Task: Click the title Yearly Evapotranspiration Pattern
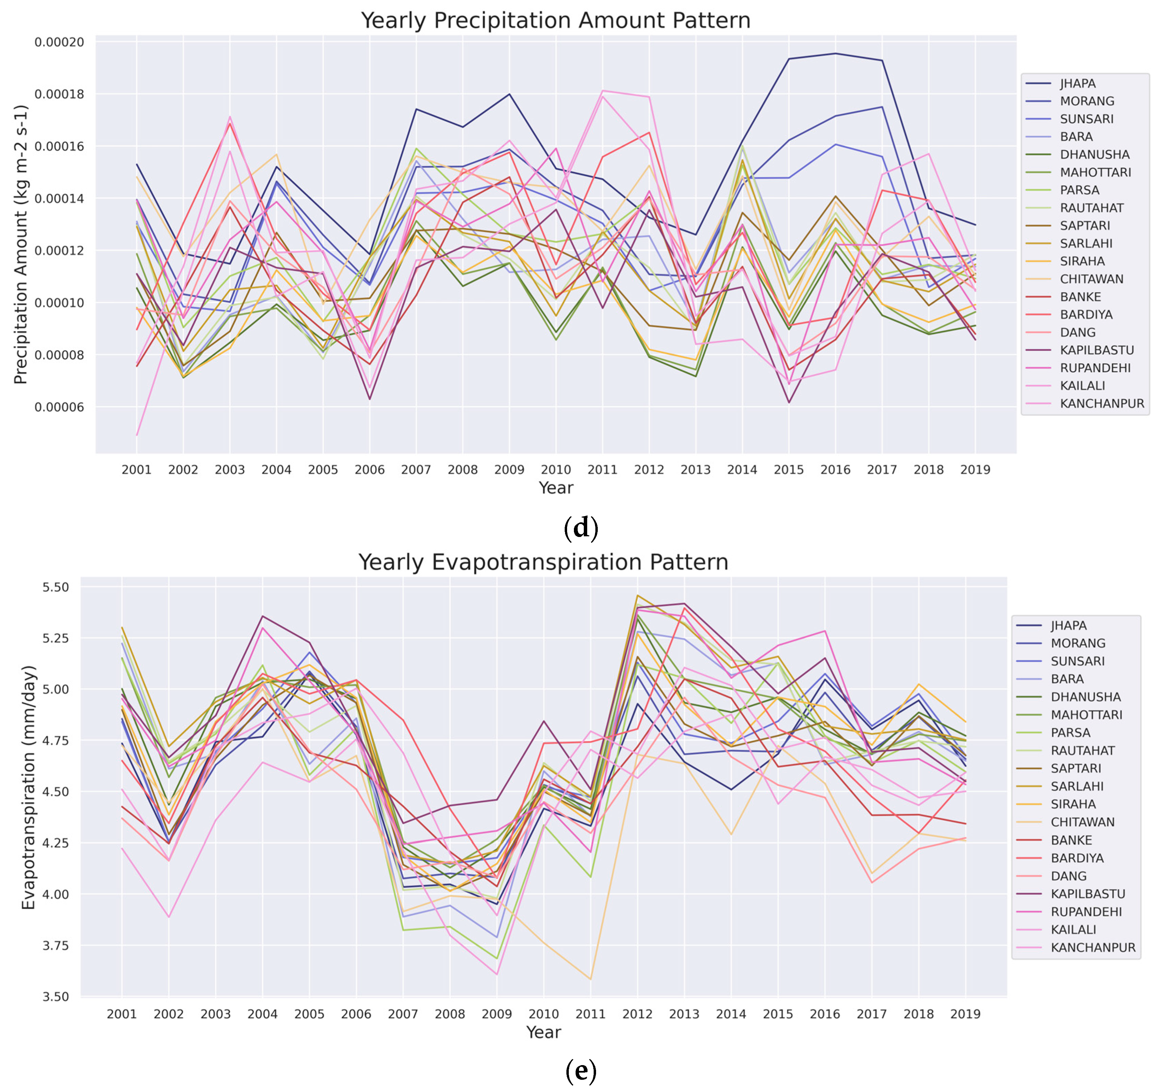pyautogui.click(x=543, y=562)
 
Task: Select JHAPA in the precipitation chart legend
pyautogui.click(x=1078, y=83)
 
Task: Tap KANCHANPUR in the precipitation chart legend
pyautogui.click(x=1102, y=403)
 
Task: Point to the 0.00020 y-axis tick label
pyautogui.click(x=59, y=42)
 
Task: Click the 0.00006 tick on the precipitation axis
pyautogui.click(x=59, y=407)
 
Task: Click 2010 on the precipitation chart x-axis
pyautogui.click(x=556, y=470)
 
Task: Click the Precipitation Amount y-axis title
pyautogui.click(x=21, y=244)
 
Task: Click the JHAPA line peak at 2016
pyautogui.click(x=836, y=53)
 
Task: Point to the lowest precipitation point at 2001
pyautogui.click(x=137, y=435)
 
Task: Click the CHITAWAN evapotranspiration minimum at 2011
pyautogui.click(x=591, y=979)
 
